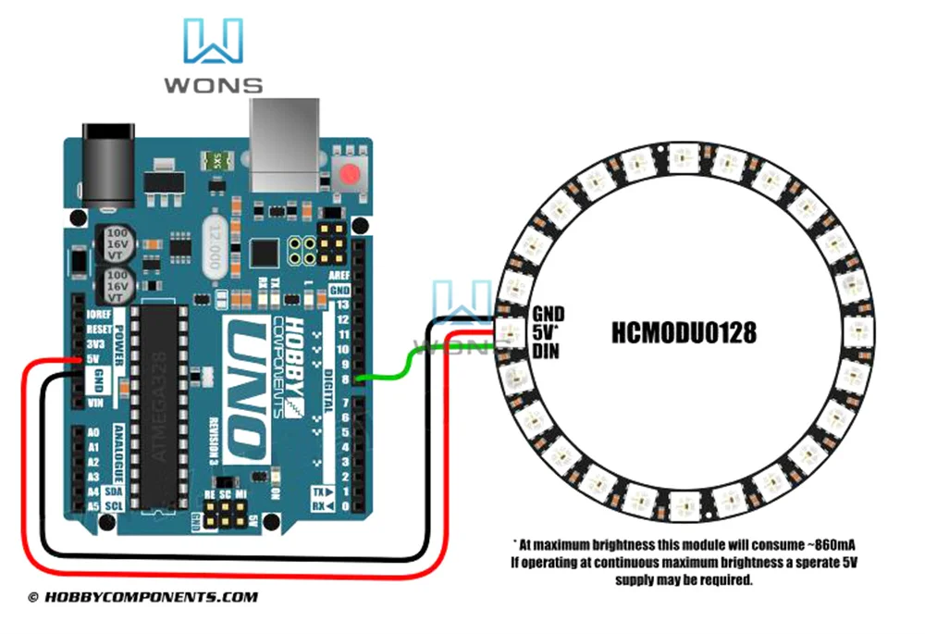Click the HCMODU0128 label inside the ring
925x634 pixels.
(684, 331)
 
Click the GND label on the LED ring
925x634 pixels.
(548, 314)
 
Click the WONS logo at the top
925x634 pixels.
(214, 56)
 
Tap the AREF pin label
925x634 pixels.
(339, 276)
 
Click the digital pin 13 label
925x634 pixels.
(344, 305)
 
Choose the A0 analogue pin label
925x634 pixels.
(92, 433)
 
